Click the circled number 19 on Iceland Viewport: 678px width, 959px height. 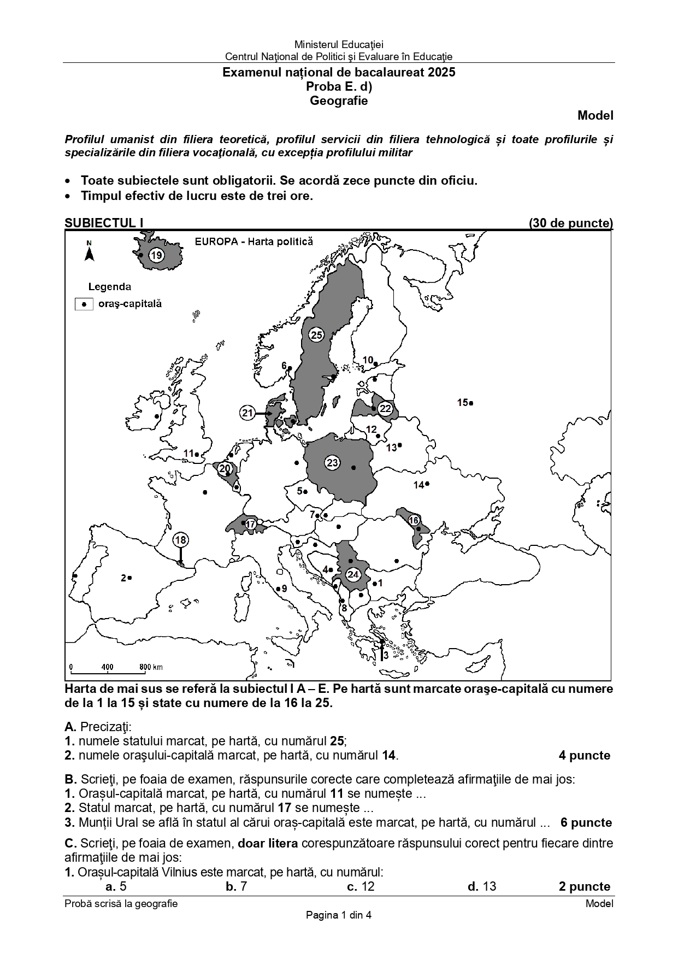click(156, 255)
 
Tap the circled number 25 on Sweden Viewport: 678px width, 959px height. click(316, 335)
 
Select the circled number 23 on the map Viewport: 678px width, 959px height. click(332, 463)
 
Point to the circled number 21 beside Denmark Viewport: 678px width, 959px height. click(247, 413)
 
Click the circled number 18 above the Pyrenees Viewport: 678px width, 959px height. click(180, 540)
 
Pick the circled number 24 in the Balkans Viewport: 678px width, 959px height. click(353, 574)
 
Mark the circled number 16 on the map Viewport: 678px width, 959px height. click(414, 520)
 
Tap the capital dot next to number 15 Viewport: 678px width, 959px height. click(471, 403)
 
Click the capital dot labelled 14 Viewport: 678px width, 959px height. click(427, 484)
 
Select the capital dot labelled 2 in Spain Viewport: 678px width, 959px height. click(130, 577)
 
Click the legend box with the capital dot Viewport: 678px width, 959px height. click(84, 304)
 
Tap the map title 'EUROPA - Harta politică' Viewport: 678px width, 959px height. click(254, 242)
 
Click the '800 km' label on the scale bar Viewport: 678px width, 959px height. click(151, 667)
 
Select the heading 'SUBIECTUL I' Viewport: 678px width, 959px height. click(104, 223)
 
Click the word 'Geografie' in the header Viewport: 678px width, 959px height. click(339, 101)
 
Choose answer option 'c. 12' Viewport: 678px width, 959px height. click(361, 886)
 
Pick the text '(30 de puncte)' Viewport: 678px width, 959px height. click(570, 223)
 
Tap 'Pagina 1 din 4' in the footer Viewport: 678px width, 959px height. click(339, 915)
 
